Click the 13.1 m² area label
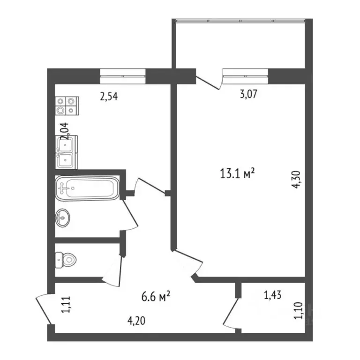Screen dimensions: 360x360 [x=237, y=173]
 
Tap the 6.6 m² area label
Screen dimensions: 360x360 [x=156, y=296]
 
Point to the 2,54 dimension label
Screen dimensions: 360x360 [x=109, y=96]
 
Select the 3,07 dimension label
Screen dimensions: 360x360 [x=248, y=94]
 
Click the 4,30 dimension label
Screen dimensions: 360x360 [x=296, y=180]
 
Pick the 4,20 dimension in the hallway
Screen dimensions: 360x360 [x=136, y=321]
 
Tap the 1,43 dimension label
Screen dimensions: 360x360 [x=273, y=295]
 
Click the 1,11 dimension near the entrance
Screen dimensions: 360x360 [x=66, y=304]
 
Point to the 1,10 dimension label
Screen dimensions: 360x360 [x=299, y=310]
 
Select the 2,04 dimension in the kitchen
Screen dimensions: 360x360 [x=64, y=131]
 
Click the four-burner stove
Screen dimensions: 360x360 [x=67, y=105]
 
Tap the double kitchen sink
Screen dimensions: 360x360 [x=67, y=152]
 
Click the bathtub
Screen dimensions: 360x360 [x=87, y=188]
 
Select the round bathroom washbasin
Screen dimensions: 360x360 [x=62, y=218]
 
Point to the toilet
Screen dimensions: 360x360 [x=66, y=260]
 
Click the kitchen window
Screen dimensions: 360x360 [x=123, y=76]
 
